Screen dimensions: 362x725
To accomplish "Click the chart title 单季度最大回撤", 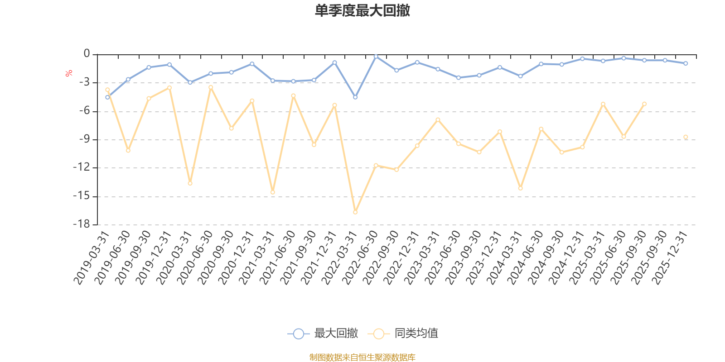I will pos(362,10).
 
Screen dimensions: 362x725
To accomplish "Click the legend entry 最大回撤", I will pos(335,333).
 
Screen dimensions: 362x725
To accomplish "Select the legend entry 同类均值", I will pos(416,333).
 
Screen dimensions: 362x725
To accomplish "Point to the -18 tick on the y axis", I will pos(82,224).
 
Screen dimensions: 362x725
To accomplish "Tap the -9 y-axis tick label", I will pos(84,139).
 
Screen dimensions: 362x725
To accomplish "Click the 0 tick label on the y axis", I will pos(87,54).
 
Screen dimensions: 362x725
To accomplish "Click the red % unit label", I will pos(69,73).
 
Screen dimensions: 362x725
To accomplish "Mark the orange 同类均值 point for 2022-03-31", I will pos(355,212).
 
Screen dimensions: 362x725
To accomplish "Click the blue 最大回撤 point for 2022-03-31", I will pos(355,97).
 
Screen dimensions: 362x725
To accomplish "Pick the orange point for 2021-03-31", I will pos(273,192).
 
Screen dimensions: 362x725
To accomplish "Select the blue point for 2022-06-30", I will pos(376,56).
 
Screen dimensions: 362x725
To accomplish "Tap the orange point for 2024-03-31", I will pos(521,188).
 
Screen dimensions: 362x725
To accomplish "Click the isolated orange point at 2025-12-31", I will pos(686,137).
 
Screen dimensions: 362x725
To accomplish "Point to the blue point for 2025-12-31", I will pos(686,63).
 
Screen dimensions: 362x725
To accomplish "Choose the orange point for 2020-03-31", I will pos(190,183).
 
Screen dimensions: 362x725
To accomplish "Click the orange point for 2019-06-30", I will pos(128,150).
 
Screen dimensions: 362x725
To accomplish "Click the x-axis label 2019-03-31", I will pos(92,257).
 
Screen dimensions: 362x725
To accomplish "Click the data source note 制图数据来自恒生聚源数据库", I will pos(362,357).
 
